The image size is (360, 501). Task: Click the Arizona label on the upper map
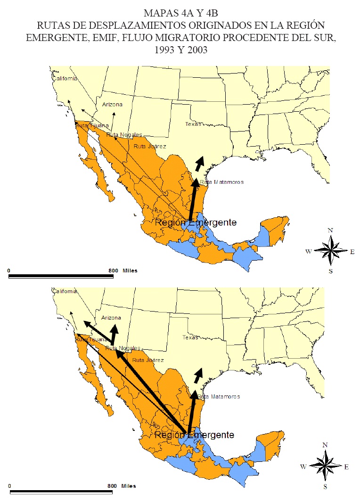click(x=112, y=105)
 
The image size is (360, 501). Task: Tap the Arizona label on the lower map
click(x=111, y=318)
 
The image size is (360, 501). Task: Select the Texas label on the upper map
click(x=192, y=124)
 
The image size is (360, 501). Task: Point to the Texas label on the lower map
click(x=190, y=337)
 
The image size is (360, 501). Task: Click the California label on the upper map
click(x=65, y=79)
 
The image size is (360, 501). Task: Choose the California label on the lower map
click(x=65, y=291)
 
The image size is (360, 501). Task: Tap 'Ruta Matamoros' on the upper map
click(x=221, y=182)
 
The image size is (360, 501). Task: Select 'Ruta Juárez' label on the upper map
click(x=150, y=147)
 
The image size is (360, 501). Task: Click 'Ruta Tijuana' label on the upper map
click(x=92, y=126)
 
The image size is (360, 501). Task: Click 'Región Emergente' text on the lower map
click(x=194, y=435)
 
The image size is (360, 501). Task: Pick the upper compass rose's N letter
click(x=331, y=230)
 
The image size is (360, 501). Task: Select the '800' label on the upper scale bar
click(x=113, y=271)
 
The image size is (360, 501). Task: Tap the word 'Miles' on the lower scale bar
click(x=129, y=486)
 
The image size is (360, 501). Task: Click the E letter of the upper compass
click(x=352, y=251)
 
